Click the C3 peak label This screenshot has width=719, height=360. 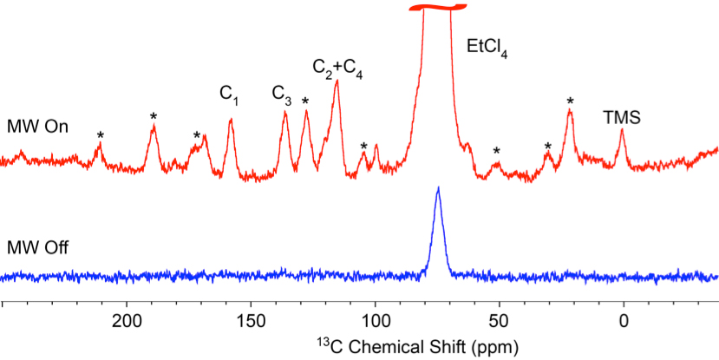pos(281,93)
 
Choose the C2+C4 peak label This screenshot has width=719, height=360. pos(337,69)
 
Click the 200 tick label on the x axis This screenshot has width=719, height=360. pos(127,323)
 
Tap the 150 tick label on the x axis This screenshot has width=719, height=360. pos(252,323)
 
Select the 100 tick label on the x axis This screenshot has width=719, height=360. pos(376,323)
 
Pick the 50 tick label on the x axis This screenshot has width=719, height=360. pos(500,323)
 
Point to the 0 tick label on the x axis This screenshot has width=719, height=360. pos(624,323)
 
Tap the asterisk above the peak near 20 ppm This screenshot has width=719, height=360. pos(570,101)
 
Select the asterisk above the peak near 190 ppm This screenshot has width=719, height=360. pos(154,116)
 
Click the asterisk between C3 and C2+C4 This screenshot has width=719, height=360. pos(305,101)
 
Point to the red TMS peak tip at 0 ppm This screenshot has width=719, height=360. pos(622,130)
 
